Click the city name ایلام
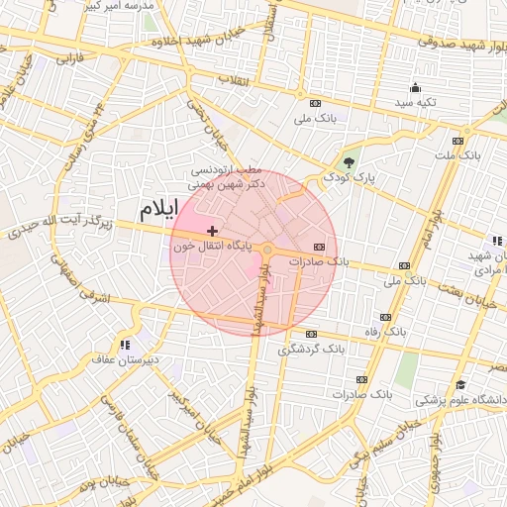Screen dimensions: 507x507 tap(157, 208)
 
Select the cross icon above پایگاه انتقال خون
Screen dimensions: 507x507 tap(213, 231)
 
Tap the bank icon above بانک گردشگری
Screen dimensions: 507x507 tap(314, 334)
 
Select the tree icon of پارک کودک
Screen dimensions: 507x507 tap(348, 162)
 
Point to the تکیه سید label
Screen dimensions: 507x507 tap(416, 102)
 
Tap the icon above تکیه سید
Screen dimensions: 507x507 tap(416, 87)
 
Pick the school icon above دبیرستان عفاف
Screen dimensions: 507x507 tap(126, 345)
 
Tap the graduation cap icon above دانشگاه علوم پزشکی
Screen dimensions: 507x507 tap(459, 385)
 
